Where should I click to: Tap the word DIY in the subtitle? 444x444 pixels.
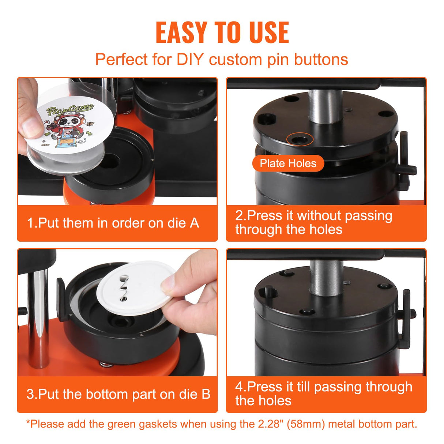189,60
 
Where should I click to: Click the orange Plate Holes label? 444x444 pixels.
288,163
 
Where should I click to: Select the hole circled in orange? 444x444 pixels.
300,139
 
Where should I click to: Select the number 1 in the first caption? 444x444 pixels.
30,223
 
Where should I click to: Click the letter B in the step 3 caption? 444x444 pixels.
206,394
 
